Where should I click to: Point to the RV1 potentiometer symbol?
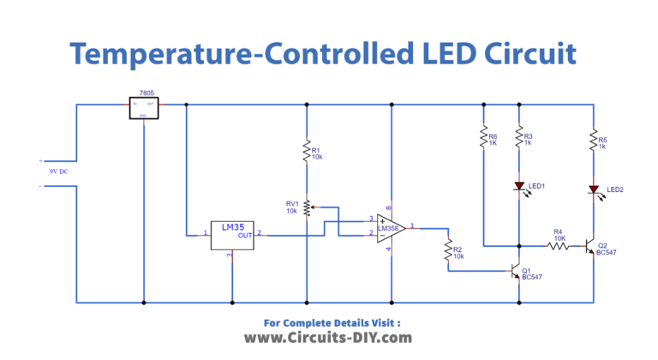307,207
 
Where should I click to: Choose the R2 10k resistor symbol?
447,250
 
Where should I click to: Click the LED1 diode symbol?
519,186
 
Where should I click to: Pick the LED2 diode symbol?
592,189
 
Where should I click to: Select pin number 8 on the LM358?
391,207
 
